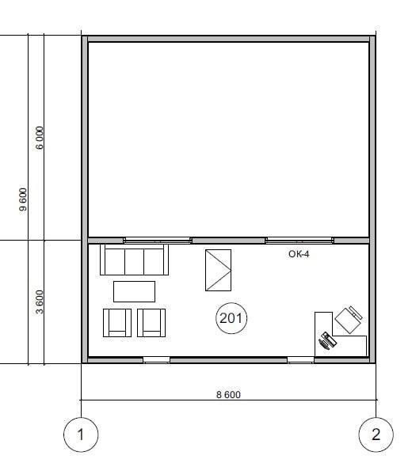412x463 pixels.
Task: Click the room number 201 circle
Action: pyautogui.click(x=231, y=304)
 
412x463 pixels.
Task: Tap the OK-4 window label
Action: pyautogui.click(x=299, y=254)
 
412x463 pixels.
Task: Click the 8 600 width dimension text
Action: pyautogui.click(x=228, y=394)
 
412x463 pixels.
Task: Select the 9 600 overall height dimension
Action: pyautogui.click(x=23, y=199)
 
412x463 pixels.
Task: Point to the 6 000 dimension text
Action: pyautogui.click(x=40, y=138)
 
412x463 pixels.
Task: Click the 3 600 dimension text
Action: pyautogui.click(x=40, y=302)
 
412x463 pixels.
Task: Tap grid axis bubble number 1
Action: pyautogui.click(x=81, y=435)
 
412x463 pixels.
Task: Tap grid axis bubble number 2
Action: pyautogui.click(x=376, y=435)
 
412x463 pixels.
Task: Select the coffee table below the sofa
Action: pyautogui.click(x=134, y=291)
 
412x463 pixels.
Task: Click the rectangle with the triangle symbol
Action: pyautogui.click(x=218, y=270)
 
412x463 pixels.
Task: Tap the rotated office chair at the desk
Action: pyautogui.click(x=349, y=320)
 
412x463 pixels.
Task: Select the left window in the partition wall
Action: pyautogui.click(x=158, y=241)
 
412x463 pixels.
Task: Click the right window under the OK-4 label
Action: pyautogui.click(x=299, y=241)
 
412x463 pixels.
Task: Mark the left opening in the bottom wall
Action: pyautogui.click(x=156, y=360)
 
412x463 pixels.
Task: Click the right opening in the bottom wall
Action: pyautogui.click(x=300, y=360)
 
